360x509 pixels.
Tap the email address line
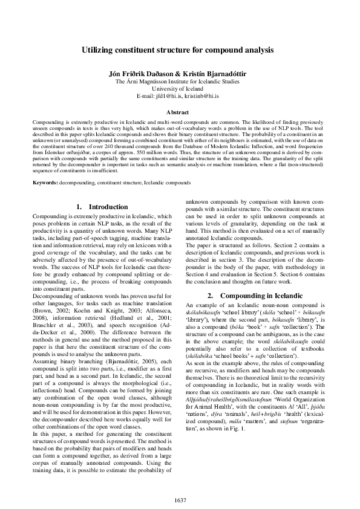coord(180,96)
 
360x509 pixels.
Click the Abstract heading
coord(180,112)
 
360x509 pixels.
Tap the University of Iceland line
coord(180,88)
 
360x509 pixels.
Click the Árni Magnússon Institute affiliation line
coord(180,81)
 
